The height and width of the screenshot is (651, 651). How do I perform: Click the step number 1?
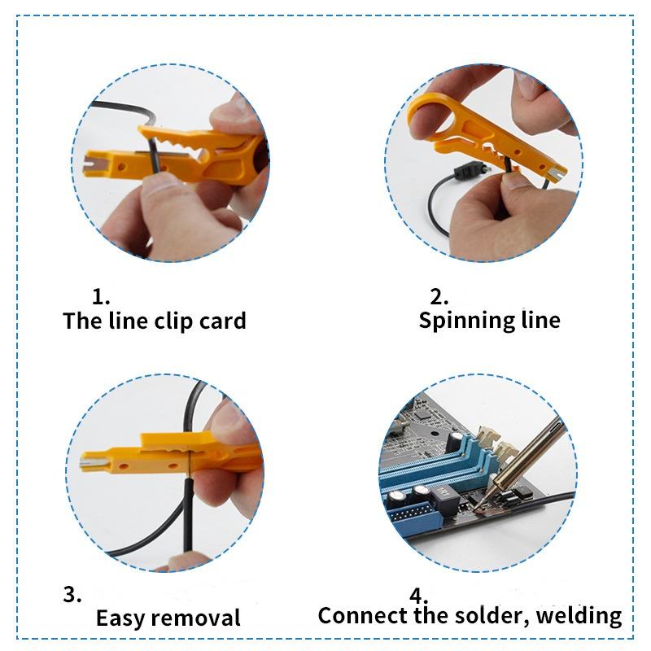tap(100, 296)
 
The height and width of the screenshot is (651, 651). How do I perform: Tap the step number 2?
tap(439, 296)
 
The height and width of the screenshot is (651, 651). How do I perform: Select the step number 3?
tap(72, 594)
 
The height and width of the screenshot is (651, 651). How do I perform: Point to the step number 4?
tap(418, 596)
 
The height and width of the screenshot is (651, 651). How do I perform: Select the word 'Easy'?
tap(120, 618)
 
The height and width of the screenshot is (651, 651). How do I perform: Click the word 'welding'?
tap(579, 616)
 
